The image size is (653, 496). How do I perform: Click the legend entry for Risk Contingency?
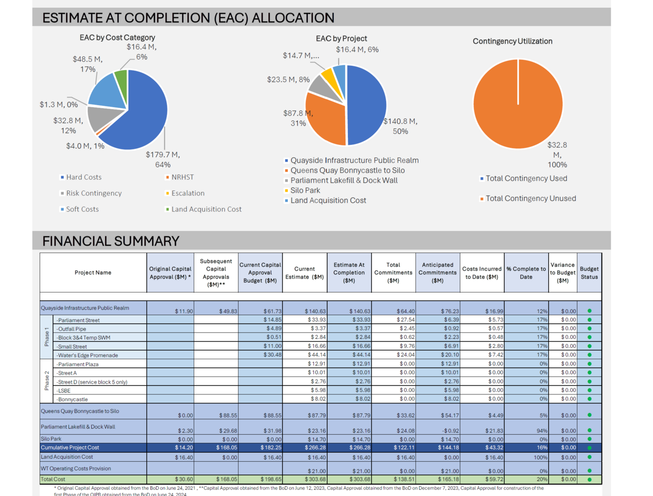tap(93, 193)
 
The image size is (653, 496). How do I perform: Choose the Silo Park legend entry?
tap(305, 190)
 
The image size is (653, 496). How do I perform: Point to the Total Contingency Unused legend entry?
tap(530, 199)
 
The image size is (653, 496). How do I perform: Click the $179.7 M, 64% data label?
tap(163, 159)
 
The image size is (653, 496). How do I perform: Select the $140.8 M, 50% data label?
tap(400, 126)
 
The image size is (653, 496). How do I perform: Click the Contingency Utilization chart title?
tap(512, 41)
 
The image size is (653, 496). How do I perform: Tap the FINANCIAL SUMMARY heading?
tap(111, 241)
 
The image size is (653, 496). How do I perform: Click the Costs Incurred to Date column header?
tap(482, 272)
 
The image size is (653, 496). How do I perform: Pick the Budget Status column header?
tap(589, 272)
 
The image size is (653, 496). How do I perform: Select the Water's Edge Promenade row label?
tap(88, 355)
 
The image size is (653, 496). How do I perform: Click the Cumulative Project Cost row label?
tap(70, 448)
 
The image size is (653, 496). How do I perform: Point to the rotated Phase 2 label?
tap(47, 381)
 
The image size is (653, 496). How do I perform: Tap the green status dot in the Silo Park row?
tap(589, 439)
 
